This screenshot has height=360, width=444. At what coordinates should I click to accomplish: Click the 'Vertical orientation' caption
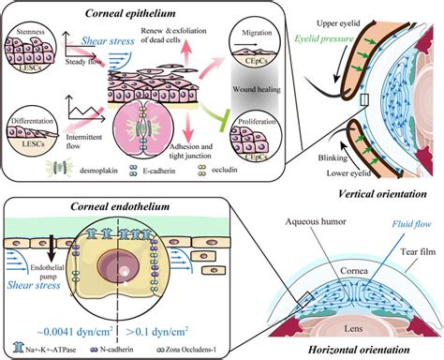pos(383,191)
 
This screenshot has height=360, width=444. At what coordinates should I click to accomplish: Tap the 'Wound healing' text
pos(246,94)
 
